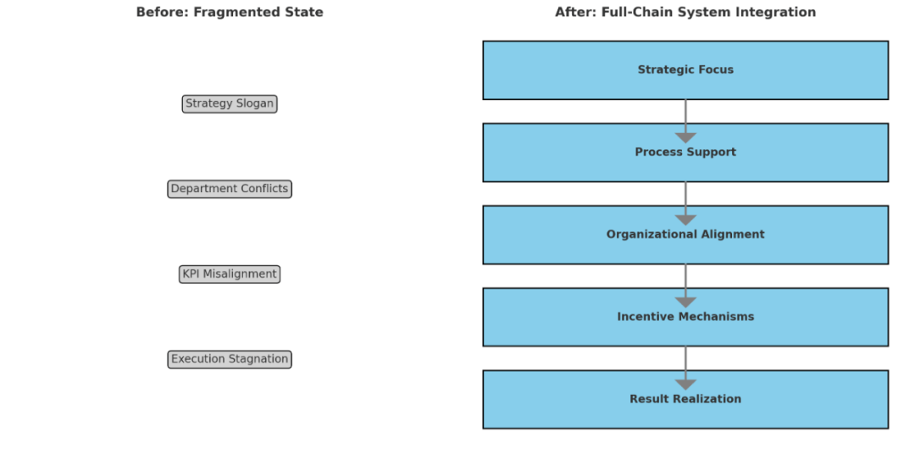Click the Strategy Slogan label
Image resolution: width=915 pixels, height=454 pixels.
(230, 104)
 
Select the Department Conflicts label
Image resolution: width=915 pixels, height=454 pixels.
(230, 189)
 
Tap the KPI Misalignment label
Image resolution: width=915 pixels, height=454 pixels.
(230, 274)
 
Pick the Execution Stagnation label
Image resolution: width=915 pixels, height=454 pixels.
(230, 359)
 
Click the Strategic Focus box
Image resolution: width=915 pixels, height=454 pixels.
(685, 70)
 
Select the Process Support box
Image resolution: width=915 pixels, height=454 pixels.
(685, 152)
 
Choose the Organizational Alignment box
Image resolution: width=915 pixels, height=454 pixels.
(685, 235)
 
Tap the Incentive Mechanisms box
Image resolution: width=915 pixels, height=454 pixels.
(685, 317)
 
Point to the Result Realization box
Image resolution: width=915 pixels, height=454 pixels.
(685, 399)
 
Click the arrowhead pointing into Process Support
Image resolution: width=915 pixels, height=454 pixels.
(685, 138)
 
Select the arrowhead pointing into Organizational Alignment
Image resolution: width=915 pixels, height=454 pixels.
(685, 220)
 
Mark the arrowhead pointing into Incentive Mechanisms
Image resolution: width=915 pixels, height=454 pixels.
(685, 302)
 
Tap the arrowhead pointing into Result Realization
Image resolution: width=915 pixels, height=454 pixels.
(685, 385)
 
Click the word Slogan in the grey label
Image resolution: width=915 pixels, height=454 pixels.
(254, 104)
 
